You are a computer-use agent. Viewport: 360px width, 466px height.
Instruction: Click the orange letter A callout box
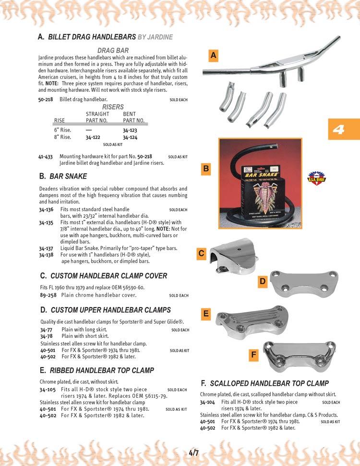click(x=214, y=56)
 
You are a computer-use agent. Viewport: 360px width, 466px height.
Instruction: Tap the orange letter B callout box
click(x=206, y=169)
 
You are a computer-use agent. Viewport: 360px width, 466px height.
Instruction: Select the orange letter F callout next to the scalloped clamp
click(x=254, y=355)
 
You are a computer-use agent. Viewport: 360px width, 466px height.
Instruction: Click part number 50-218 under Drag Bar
click(x=45, y=99)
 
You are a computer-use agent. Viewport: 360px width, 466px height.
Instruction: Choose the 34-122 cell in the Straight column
click(x=93, y=137)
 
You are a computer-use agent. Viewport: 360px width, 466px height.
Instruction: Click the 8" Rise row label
click(x=62, y=137)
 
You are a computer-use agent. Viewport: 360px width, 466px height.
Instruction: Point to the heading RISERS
click(x=113, y=107)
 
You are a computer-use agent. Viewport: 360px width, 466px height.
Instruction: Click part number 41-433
click(x=45, y=156)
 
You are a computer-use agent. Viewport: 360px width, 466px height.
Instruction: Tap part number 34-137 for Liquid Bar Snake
click(x=46, y=248)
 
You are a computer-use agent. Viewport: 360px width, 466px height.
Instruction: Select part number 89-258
click(x=47, y=295)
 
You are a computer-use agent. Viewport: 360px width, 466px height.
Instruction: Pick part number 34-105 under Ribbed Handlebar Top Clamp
click(x=47, y=389)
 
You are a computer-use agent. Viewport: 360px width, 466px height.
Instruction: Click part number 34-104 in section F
click(x=207, y=402)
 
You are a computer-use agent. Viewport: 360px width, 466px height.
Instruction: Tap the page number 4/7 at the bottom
click(x=194, y=453)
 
